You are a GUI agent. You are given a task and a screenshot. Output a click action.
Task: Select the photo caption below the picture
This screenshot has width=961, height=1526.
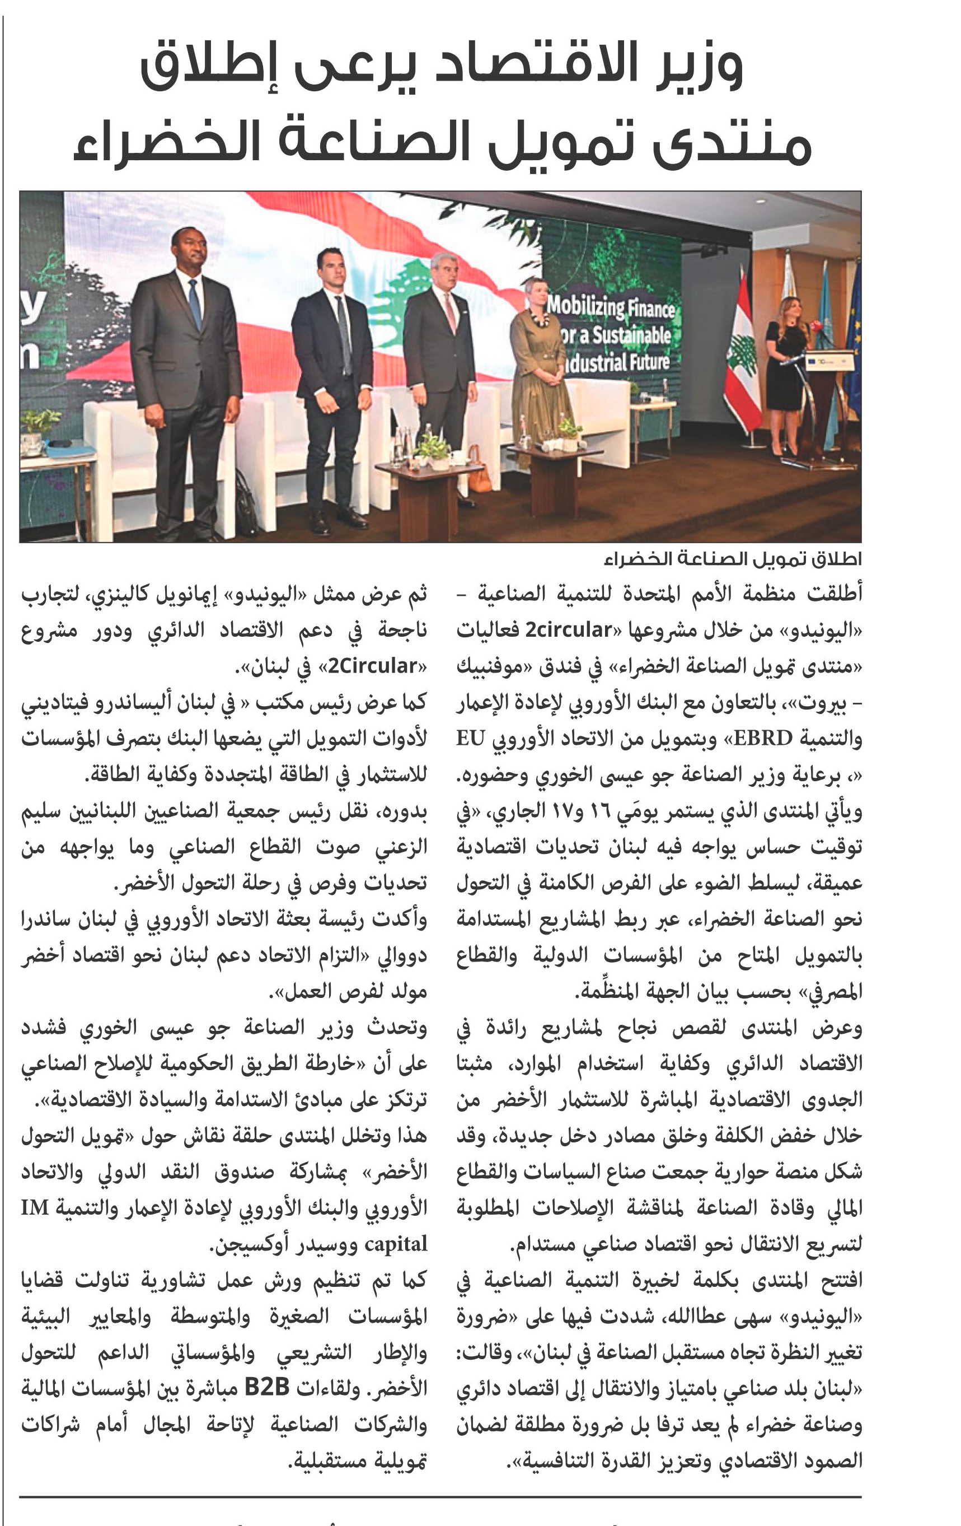tap(732, 559)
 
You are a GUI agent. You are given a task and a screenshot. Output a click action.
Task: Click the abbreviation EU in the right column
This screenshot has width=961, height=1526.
tap(471, 738)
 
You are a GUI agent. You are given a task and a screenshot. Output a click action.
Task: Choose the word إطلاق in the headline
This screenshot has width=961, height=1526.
tap(209, 67)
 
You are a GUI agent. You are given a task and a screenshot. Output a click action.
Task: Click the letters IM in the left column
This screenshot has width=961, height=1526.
tap(35, 1207)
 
